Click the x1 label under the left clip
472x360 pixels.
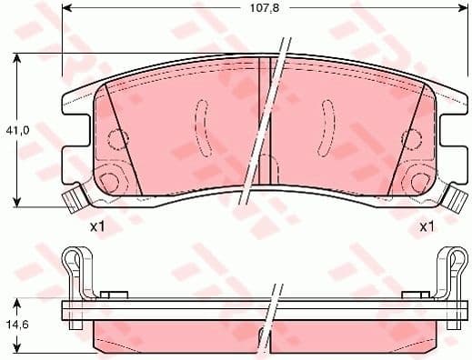tap(97, 226)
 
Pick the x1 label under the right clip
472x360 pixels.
tap(426, 226)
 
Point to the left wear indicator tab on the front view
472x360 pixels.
tap(72, 196)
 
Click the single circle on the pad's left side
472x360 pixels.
tap(115, 139)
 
